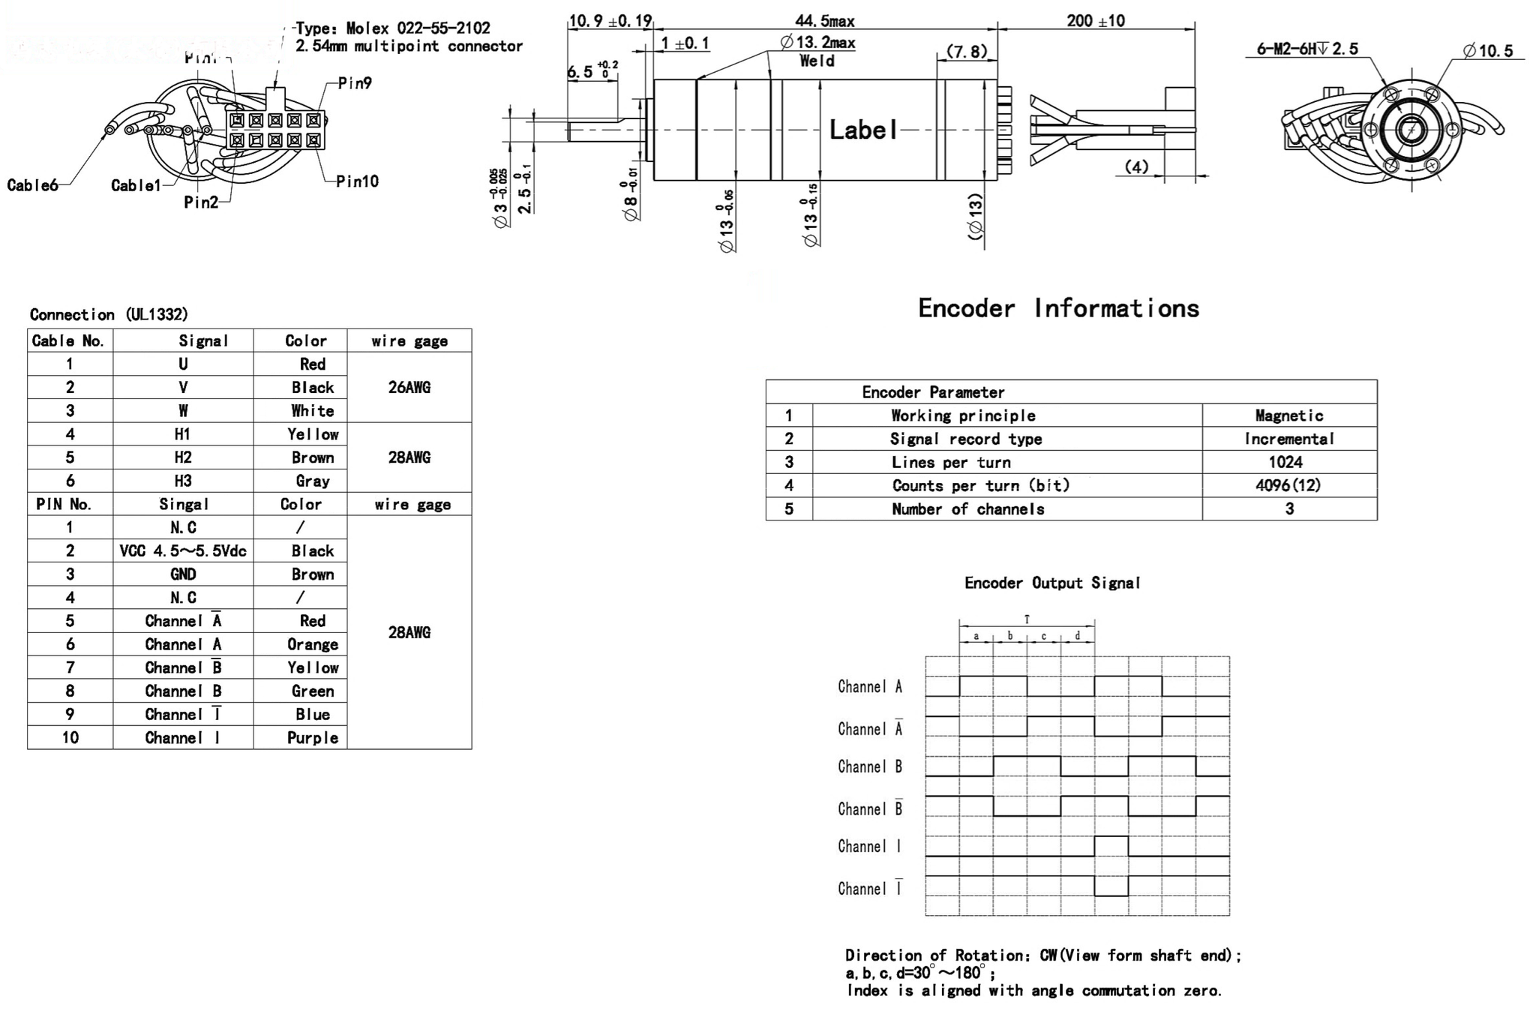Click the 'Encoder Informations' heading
[x=1058, y=308]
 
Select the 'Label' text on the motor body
[x=863, y=130]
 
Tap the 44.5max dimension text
[x=824, y=21]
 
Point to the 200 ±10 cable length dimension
[x=1095, y=21]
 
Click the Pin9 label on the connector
[x=355, y=83]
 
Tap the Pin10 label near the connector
[x=357, y=181]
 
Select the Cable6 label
[x=32, y=185]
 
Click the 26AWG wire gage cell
[x=409, y=388]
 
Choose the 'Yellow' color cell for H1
[x=313, y=434]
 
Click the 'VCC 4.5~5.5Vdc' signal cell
[x=183, y=551]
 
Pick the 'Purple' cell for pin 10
[x=313, y=738]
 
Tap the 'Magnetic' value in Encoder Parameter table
[x=1288, y=415]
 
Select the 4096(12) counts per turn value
[x=1288, y=485]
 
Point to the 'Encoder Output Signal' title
[x=1051, y=583]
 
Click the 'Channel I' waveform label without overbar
[x=869, y=847]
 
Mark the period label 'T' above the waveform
[x=1027, y=619]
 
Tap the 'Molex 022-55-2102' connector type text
[x=418, y=28]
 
